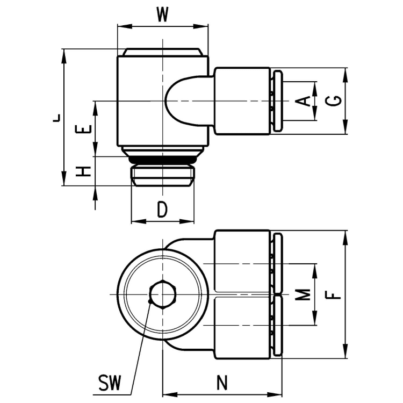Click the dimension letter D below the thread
pyautogui.click(x=162, y=209)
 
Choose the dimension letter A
pyautogui.click(x=304, y=100)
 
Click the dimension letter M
pyautogui.click(x=304, y=294)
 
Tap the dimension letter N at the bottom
pyautogui.click(x=221, y=383)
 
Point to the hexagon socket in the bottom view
pyautogui.click(x=162, y=294)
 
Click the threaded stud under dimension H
pyautogui.click(x=162, y=175)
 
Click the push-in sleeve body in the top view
pyautogui.click(x=242, y=101)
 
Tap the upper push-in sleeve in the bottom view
pyautogui.click(x=242, y=262)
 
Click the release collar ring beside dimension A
pyautogui.click(x=277, y=101)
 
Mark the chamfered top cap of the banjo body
pyautogui.click(x=162, y=52)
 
